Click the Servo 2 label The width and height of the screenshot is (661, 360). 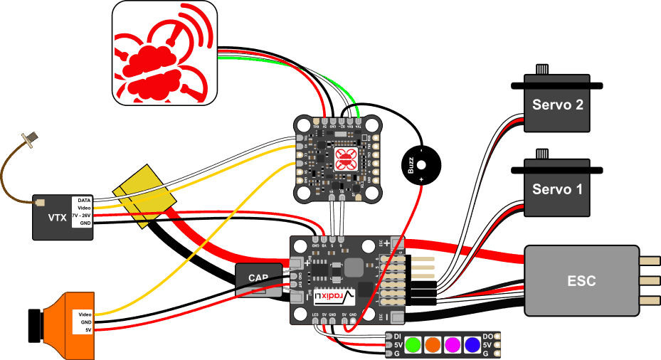tap(558, 105)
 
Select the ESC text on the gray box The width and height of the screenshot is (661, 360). tap(581, 280)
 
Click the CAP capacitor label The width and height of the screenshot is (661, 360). tap(258, 277)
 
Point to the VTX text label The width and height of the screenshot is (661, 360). tap(57, 218)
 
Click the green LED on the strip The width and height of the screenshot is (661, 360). tap(412, 345)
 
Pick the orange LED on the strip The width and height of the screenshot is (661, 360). tap(432, 345)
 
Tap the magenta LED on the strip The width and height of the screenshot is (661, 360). tap(452, 345)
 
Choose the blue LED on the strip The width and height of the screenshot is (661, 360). tap(472, 345)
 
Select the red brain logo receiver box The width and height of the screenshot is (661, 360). tap(164, 53)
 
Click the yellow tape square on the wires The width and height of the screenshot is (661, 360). tap(146, 196)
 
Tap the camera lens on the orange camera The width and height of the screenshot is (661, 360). tap(33, 325)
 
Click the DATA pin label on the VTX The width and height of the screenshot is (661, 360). tap(84, 201)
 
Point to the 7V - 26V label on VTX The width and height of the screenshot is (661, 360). tap(82, 215)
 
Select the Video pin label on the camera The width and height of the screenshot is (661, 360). tap(84, 314)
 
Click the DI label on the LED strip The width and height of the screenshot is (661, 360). tap(397, 336)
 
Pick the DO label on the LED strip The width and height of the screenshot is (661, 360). tap(488, 336)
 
